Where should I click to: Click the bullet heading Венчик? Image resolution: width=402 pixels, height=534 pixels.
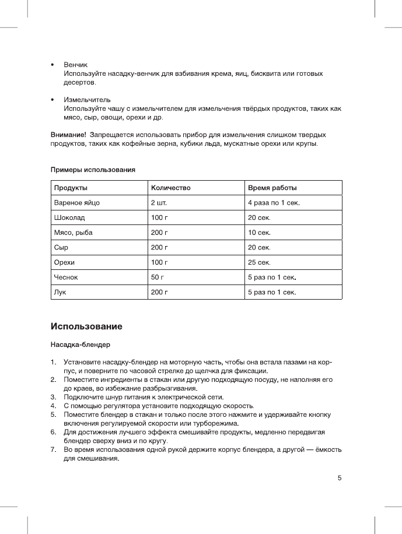tap(75, 64)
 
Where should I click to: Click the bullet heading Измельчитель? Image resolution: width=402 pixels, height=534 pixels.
tap(87, 100)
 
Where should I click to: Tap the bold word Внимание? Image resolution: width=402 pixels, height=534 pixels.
tap(69, 135)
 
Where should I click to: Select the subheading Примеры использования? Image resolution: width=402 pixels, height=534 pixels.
tap(93, 170)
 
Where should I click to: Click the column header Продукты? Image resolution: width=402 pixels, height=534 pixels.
tap(71, 188)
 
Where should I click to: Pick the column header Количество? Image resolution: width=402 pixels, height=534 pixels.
tap(171, 188)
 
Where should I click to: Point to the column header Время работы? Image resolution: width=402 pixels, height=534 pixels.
tap(272, 188)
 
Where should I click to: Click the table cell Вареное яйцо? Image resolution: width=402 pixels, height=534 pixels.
tap(77, 203)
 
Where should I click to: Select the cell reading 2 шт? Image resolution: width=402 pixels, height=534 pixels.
tap(159, 203)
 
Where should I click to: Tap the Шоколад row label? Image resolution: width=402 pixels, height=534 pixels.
tap(69, 218)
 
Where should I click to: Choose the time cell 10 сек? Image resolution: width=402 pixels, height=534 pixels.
tap(260, 233)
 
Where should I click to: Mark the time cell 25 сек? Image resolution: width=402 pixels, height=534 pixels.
tap(260, 262)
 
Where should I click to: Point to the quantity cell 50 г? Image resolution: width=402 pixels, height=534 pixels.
tap(158, 277)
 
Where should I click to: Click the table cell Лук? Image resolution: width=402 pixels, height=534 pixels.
tap(60, 292)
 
